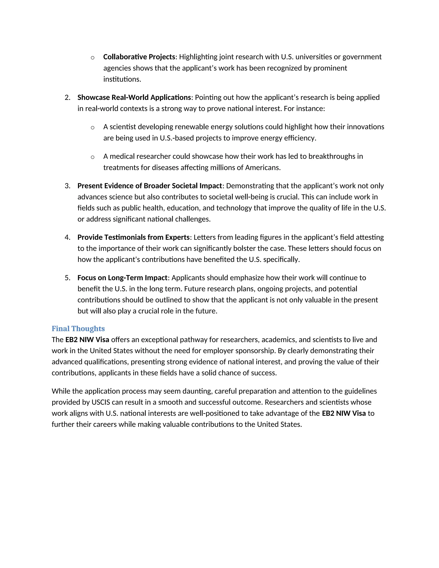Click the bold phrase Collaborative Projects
click(x=139, y=57)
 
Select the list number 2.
click(x=67, y=98)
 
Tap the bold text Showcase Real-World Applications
click(x=134, y=98)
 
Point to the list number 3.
click(x=67, y=186)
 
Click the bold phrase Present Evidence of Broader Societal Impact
click(x=150, y=186)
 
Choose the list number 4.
click(x=67, y=237)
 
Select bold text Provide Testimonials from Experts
click(x=133, y=237)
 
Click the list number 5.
click(x=67, y=278)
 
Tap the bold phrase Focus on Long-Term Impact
click(x=122, y=278)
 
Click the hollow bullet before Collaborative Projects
click(x=92, y=58)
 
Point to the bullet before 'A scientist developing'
click(x=92, y=128)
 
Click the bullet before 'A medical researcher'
click(x=92, y=157)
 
